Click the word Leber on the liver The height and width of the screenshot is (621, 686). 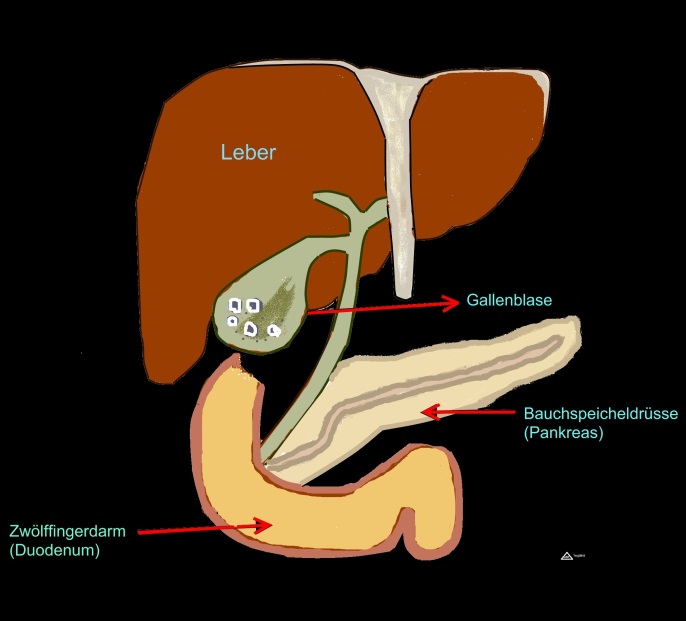tap(248, 153)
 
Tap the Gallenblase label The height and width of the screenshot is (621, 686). tap(509, 300)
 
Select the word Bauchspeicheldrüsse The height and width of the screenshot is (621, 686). tap(587, 413)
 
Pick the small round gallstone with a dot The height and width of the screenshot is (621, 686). tap(233, 323)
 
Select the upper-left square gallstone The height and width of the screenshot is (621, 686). tap(234, 305)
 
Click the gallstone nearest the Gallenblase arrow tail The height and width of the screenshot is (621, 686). tap(273, 328)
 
